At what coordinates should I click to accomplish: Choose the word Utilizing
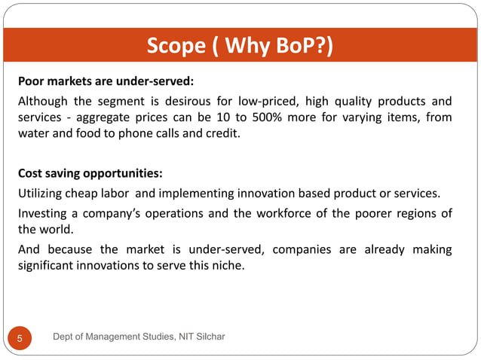click(42, 194)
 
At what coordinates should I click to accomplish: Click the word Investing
click(44, 213)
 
